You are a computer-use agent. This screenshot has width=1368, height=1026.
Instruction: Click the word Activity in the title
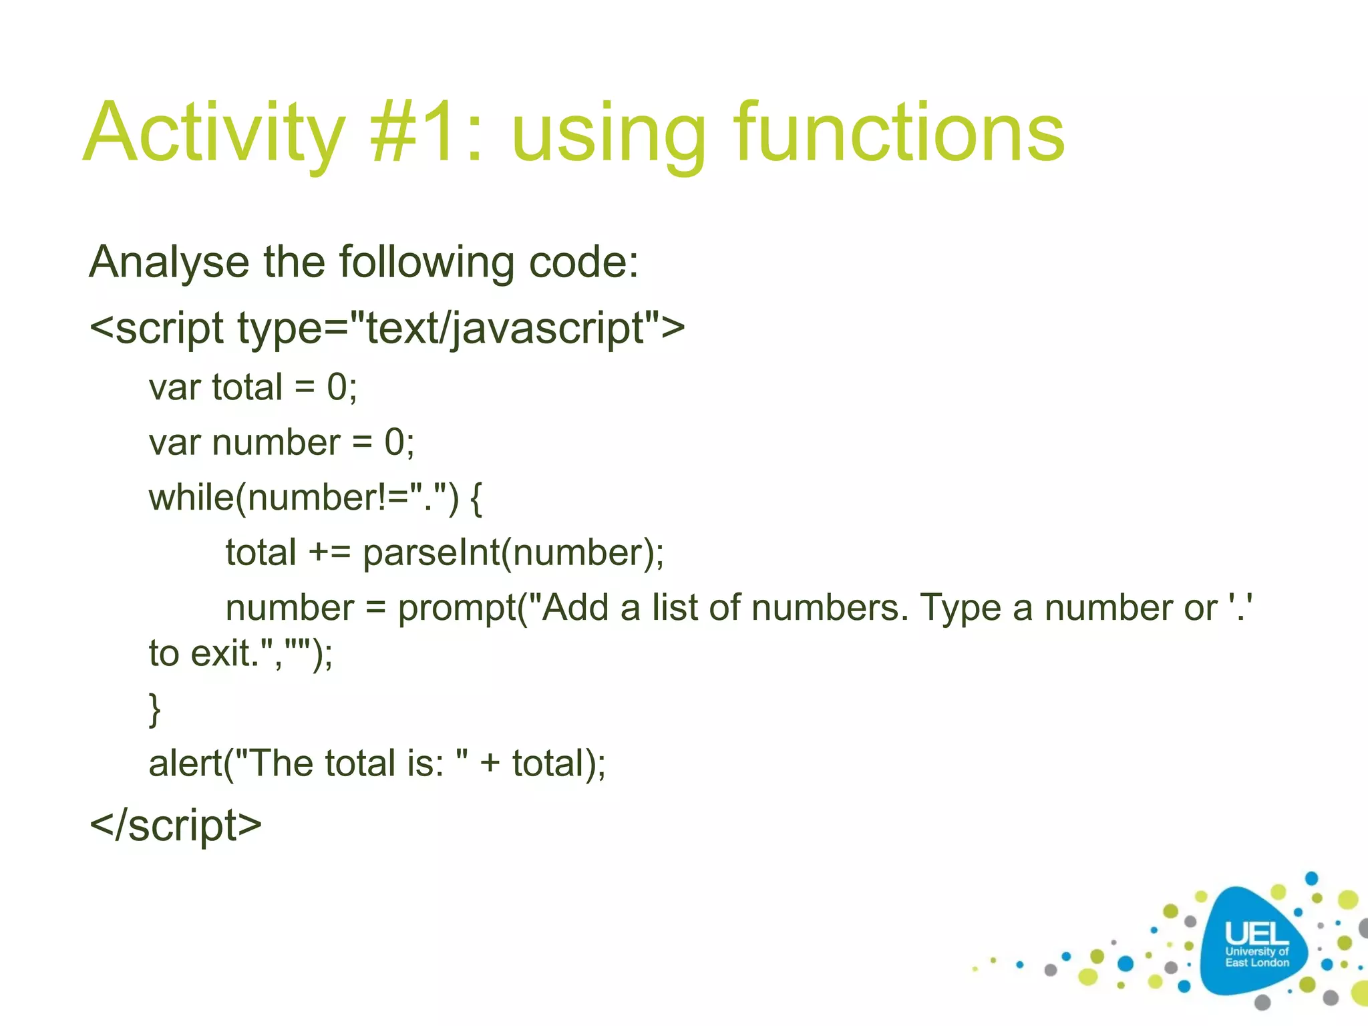(x=214, y=134)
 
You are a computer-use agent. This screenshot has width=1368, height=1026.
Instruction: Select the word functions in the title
(x=898, y=134)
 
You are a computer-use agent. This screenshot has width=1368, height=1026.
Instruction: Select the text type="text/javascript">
(x=461, y=329)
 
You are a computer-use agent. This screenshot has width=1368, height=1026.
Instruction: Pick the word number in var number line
(x=277, y=443)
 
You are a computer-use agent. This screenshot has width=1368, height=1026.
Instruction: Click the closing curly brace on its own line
(x=154, y=709)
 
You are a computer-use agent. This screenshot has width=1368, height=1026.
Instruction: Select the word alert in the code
(x=186, y=763)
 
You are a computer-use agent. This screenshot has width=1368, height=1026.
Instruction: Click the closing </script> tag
(x=176, y=826)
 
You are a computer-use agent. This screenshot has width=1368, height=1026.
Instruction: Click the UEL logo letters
(x=1256, y=934)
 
